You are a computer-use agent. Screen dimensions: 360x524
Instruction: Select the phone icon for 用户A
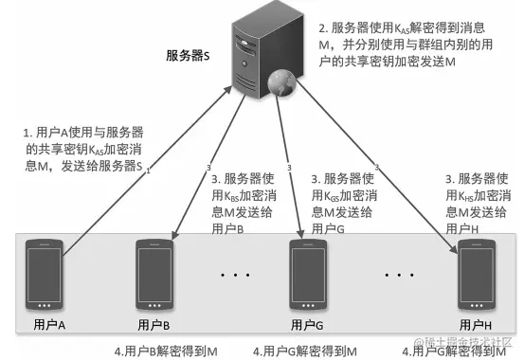[x=47, y=276]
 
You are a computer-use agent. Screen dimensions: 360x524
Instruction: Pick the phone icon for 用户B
[x=154, y=276]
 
